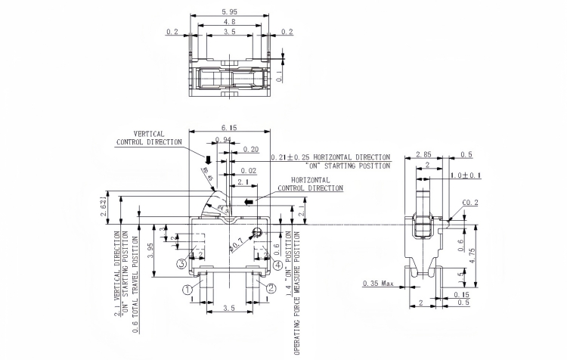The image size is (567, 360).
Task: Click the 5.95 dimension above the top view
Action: click(x=228, y=12)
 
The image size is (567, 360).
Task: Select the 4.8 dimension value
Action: click(x=228, y=23)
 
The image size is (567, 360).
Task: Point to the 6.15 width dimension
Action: click(x=228, y=129)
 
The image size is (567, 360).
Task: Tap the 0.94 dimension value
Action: click(x=223, y=140)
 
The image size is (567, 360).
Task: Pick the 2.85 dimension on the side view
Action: click(x=424, y=154)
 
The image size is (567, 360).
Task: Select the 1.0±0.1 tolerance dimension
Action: click(x=466, y=175)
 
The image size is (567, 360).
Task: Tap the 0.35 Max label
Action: click(x=378, y=283)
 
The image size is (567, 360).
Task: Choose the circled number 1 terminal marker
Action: click(x=186, y=288)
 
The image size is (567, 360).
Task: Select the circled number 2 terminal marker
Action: click(x=271, y=288)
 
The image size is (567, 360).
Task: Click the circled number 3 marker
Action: click(x=181, y=264)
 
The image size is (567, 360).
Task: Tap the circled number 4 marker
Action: click(x=278, y=265)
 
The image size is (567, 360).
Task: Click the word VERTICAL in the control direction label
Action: click(x=150, y=133)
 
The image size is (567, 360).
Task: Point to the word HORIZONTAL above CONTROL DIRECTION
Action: click(x=311, y=180)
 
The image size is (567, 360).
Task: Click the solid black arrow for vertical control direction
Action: click(x=208, y=160)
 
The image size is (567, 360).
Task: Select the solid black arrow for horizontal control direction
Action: click(x=249, y=203)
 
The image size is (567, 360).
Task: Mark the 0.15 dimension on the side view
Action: click(x=460, y=294)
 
